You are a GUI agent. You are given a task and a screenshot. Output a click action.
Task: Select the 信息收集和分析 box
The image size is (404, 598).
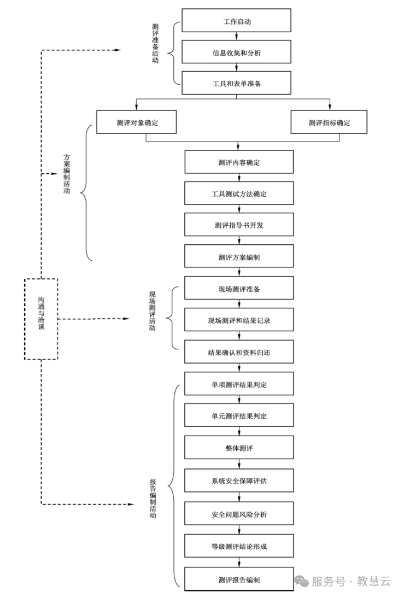(x=237, y=54)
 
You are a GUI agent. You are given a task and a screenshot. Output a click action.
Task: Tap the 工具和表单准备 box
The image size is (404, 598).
(x=237, y=84)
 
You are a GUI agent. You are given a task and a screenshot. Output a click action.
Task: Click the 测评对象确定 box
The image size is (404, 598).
(x=137, y=122)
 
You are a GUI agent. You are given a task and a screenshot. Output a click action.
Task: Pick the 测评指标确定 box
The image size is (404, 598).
(x=329, y=122)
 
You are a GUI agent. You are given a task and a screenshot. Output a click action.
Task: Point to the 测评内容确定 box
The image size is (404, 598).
(x=239, y=162)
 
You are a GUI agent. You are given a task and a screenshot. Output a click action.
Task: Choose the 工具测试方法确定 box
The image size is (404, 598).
(x=239, y=194)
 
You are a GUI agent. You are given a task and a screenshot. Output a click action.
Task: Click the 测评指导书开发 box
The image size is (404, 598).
(x=239, y=225)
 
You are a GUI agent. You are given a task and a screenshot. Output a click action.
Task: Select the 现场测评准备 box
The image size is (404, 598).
(x=239, y=288)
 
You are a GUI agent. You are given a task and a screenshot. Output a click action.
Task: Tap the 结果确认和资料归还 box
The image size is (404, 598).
(x=239, y=352)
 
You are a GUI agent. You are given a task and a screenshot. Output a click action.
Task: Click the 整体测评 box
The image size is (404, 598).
(x=239, y=448)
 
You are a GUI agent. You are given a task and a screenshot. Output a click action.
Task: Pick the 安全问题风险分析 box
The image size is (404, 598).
(x=239, y=514)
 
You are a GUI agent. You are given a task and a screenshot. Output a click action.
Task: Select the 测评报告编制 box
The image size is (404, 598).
(x=239, y=579)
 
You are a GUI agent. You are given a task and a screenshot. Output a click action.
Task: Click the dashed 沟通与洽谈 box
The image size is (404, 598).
(x=41, y=319)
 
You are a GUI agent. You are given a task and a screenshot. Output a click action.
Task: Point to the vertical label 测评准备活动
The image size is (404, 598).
(x=155, y=44)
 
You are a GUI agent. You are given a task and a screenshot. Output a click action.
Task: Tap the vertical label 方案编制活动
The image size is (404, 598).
(x=67, y=174)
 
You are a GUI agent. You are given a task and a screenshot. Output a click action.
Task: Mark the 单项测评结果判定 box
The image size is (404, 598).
(x=239, y=384)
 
